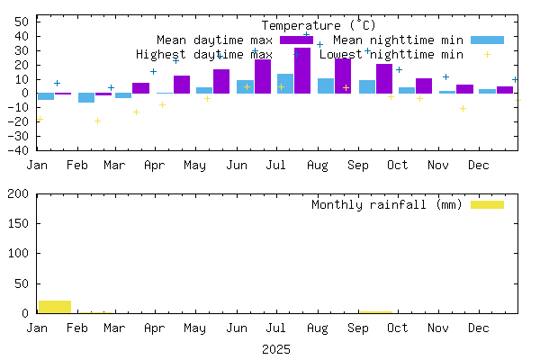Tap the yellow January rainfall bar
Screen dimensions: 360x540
click(x=55, y=307)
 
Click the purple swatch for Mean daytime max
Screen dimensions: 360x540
click(x=296, y=40)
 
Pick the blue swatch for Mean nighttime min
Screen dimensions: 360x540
click(x=488, y=40)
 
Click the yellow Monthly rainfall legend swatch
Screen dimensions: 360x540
click(x=488, y=204)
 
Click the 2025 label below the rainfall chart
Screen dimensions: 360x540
click(x=276, y=348)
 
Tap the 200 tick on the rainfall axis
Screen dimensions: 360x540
click(x=21, y=193)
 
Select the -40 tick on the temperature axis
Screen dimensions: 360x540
click(x=18, y=150)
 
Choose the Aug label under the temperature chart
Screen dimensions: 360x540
click(x=317, y=165)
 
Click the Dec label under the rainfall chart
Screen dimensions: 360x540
click(x=478, y=328)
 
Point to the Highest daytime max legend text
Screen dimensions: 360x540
click(x=203, y=54)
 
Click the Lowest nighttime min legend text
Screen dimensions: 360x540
click(x=391, y=54)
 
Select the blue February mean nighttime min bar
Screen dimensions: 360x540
click(x=86, y=98)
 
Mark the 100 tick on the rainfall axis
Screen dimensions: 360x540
click(x=21, y=254)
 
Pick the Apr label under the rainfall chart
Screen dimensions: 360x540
click(x=155, y=328)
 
